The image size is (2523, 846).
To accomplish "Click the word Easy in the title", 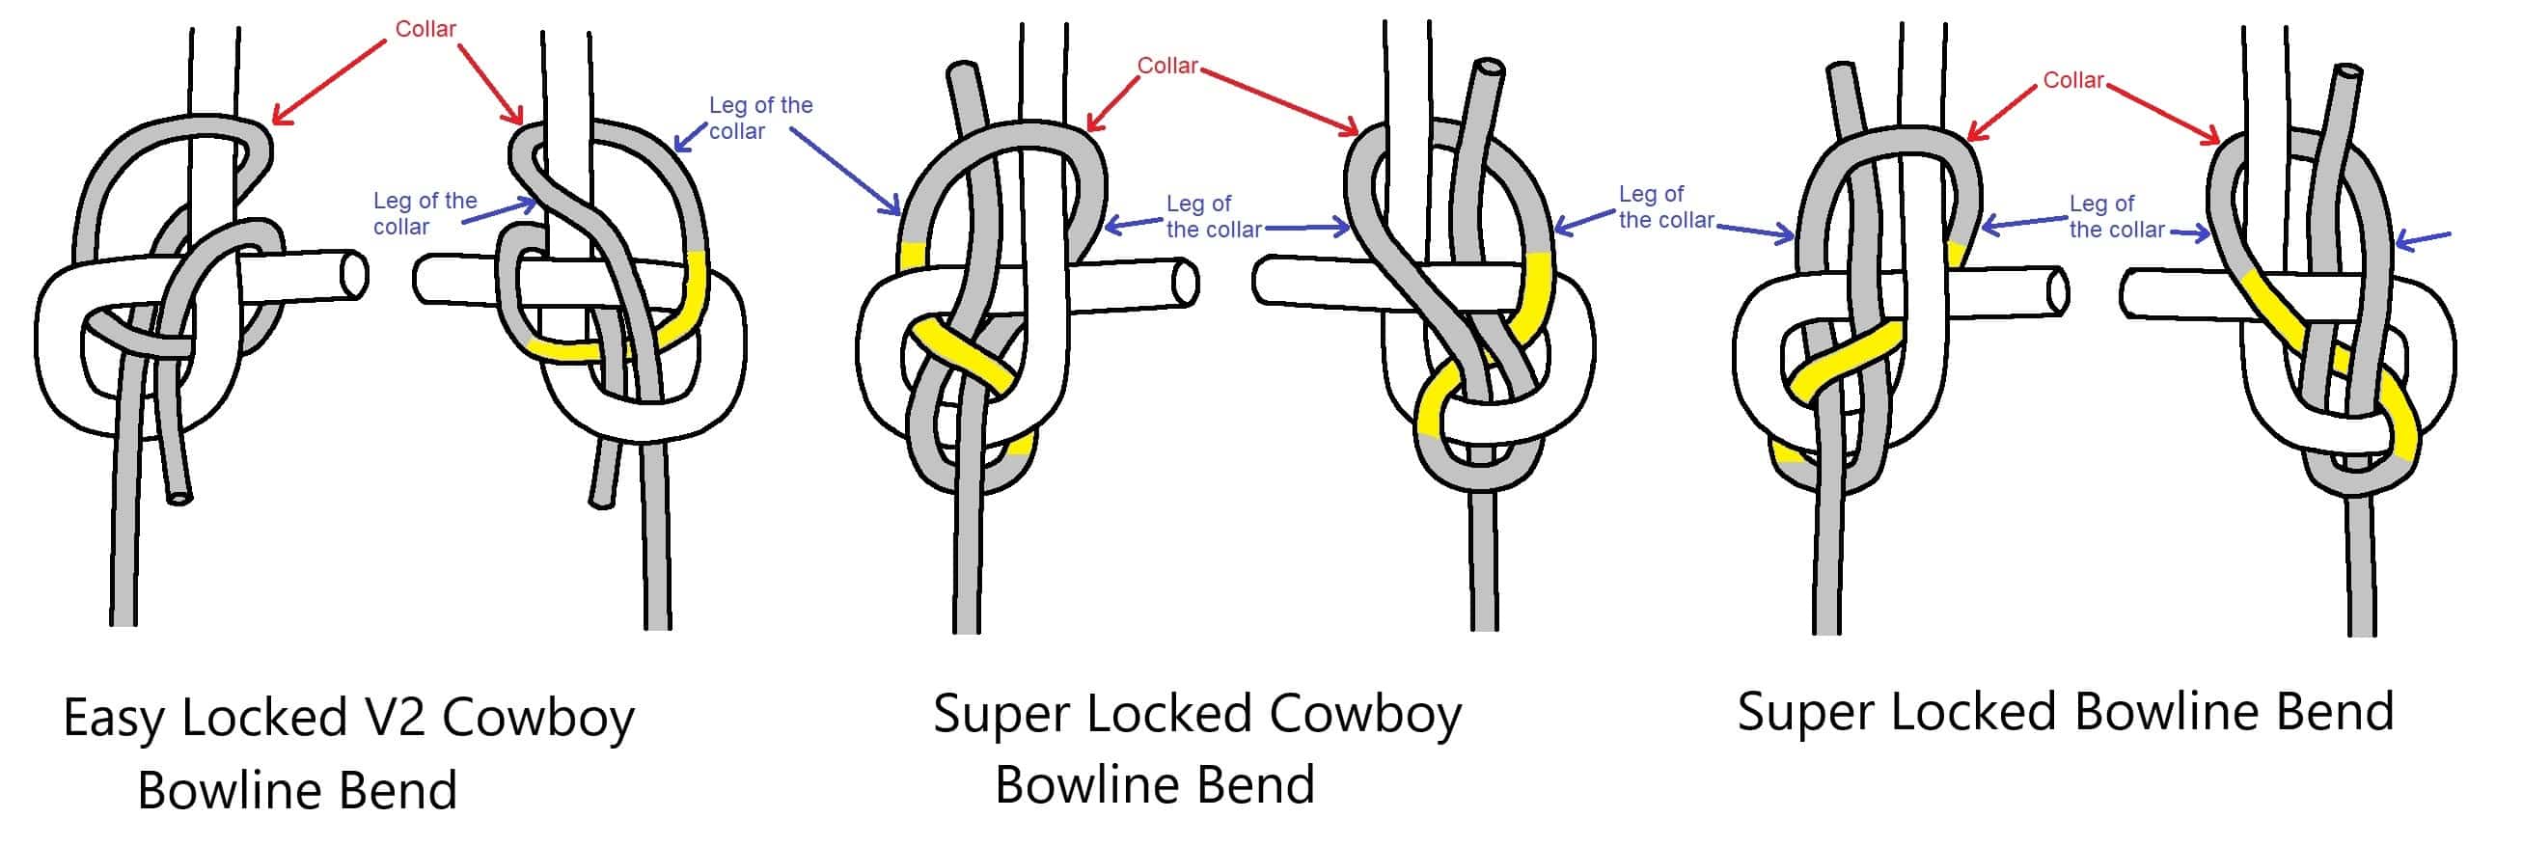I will [x=115, y=720].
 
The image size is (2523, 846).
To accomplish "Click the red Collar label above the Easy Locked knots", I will [x=425, y=29].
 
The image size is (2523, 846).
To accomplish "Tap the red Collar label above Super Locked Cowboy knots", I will [x=1166, y=66].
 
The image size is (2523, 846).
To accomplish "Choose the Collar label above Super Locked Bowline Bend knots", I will [x=2072, y=80].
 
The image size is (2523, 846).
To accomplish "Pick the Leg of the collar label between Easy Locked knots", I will [x=425, y=213].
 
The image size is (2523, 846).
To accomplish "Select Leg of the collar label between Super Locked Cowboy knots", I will [x=1213, y=216].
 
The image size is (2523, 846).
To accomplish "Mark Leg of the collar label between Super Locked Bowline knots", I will [x=2116, y=216].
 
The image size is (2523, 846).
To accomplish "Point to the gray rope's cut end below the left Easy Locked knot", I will [x=179, y=497].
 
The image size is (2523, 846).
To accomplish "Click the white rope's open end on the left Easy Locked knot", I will [x=355, y=275].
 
